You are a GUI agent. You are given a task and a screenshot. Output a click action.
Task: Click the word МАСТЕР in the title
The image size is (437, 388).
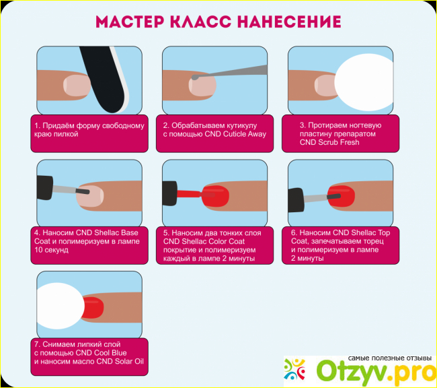[130, 22]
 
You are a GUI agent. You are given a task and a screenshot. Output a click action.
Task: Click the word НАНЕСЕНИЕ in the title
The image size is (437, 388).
[289, 22]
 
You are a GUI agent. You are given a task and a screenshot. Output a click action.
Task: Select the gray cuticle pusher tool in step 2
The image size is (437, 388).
[229, 73]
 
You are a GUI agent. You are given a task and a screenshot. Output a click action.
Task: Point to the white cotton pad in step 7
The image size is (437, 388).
[61, 306]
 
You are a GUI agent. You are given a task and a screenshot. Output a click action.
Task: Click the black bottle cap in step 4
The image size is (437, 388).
[44, 187]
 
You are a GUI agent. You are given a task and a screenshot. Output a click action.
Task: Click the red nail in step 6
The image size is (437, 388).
[342, 196]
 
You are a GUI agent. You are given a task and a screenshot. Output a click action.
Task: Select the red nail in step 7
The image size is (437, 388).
[93, 308]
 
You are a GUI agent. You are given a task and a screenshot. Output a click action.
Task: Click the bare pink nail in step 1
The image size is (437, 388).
[77, 85]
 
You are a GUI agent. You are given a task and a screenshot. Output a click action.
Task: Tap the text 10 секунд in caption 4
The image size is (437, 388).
[51, 250]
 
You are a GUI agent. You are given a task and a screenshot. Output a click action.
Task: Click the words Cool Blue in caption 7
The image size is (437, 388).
[111, 353]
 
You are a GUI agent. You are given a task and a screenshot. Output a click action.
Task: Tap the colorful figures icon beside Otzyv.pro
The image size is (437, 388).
[294, 369]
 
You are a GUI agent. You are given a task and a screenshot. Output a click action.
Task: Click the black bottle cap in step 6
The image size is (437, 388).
[296, 200]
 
